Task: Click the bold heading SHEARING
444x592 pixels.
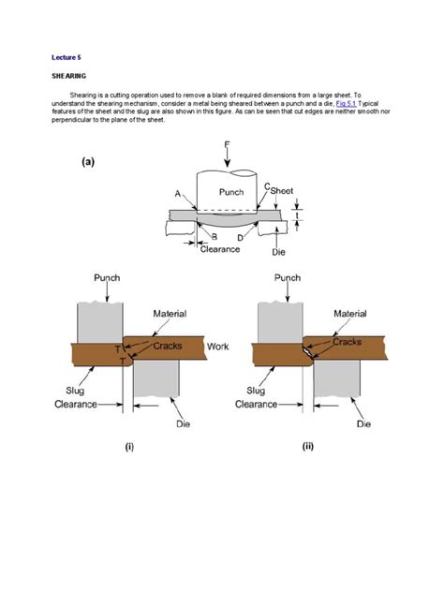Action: tap(68, 80)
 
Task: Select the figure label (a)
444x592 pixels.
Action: tap(87, 160)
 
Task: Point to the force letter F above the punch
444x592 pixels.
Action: tap(228, 143)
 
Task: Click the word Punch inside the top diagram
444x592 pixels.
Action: tap(230, 192)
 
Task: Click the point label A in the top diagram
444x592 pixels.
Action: tap(177, 193)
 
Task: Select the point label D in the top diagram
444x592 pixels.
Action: tap(241, 237)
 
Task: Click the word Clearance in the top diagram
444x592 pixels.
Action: tap(220, 249)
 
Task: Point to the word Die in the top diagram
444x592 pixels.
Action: tap(278, 252)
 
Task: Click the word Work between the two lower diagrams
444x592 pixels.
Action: tap(217, 346)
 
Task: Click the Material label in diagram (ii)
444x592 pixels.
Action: tap(351, 314)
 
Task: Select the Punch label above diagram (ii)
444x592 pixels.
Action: tap(288, 277)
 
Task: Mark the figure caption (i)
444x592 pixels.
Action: tap(129, 447)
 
